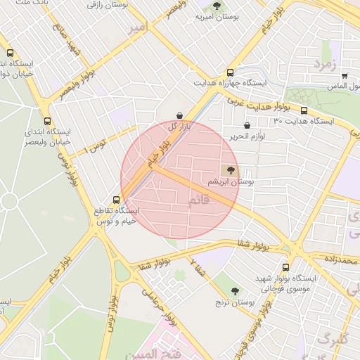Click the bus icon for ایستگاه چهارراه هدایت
tap(230, 73)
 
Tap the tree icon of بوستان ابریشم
tap(231, 170)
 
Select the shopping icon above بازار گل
tap(180, 115)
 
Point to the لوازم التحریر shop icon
tap(247, 126)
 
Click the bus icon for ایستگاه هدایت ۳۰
tap(304, 110)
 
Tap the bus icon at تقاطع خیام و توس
tap(116, 200)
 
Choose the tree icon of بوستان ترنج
tap(235, 291)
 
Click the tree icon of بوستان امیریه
tap(217, 6)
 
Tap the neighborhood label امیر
tap(139, 28)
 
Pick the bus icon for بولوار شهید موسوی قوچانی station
tap(285, 268)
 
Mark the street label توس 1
tap(94, 147)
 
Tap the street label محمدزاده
tap(341, 261)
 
